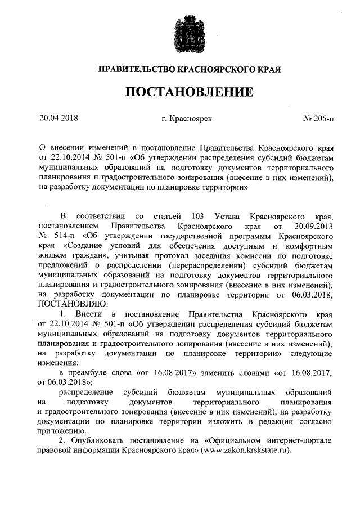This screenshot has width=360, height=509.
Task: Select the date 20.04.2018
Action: coord(58,119)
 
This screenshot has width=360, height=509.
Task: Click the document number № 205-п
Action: coord(318,119)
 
